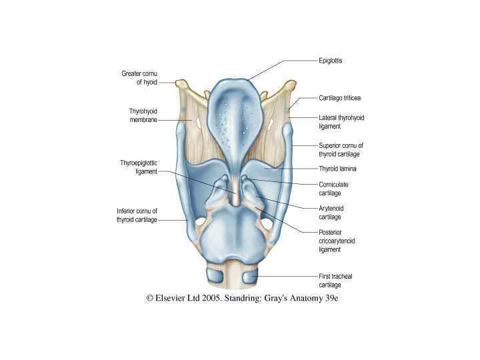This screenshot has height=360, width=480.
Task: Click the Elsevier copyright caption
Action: tap(243, 299)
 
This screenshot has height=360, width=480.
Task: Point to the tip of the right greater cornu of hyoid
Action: tap(291, 83)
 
